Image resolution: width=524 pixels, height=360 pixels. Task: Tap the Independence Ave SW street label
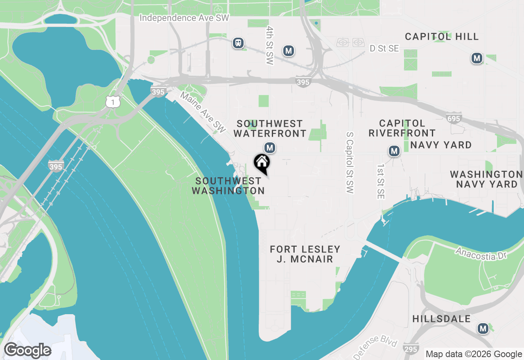[x=184, y=18]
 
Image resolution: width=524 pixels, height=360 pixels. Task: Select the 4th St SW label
[x=269, y=45]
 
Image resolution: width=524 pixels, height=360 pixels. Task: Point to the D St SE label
[x=384, y=49]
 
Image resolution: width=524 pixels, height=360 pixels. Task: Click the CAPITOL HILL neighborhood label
[x=442, y=36]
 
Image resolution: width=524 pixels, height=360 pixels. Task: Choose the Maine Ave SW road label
[x=203, y=112]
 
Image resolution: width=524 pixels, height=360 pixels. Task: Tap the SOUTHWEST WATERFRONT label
[x=270, y=128]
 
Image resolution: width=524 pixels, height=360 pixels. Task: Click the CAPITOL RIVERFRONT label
[x=402, y=128]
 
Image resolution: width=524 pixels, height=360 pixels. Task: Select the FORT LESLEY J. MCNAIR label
[x=305, y=254]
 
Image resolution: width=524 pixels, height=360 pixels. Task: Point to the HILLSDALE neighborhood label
[x=441, y=319]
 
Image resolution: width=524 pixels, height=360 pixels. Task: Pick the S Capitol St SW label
[x=349, y=162]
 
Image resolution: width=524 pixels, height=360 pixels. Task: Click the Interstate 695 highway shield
[x=454, y=118]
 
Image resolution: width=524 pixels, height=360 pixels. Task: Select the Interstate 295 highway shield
[x=411, y=348]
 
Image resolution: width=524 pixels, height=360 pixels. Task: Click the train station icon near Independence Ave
[x=238, y=43]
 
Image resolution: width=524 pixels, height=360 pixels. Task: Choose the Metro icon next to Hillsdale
[x=483, y=328]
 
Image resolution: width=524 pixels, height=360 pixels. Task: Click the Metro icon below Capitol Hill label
[x=477, y=58]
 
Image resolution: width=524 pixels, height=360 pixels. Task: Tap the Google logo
[x=27, y=351]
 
